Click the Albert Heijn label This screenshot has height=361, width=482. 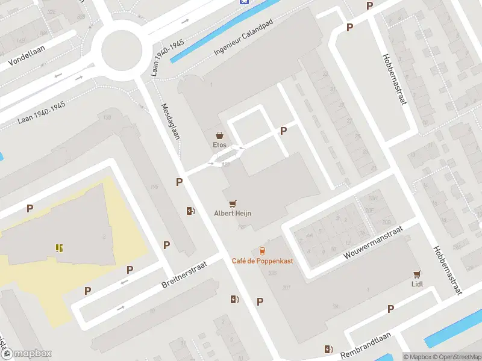[x=233, y=213]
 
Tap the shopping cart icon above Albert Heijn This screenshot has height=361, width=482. [x=233, y=203]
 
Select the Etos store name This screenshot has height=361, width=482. [x=220, y=145]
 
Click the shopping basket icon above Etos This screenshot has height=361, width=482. [x=220, y=135]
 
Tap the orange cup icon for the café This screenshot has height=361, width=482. [x=261, y=250]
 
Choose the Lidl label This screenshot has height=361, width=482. [x=417, y=283]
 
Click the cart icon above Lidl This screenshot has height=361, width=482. [x=417, y=274]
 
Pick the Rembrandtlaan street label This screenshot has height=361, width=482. [x=366, y=344]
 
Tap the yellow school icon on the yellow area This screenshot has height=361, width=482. [x=59, y=247]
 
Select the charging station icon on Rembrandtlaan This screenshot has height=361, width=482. [x=328, y=349]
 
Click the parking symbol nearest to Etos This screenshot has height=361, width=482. [x=283, y=131]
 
